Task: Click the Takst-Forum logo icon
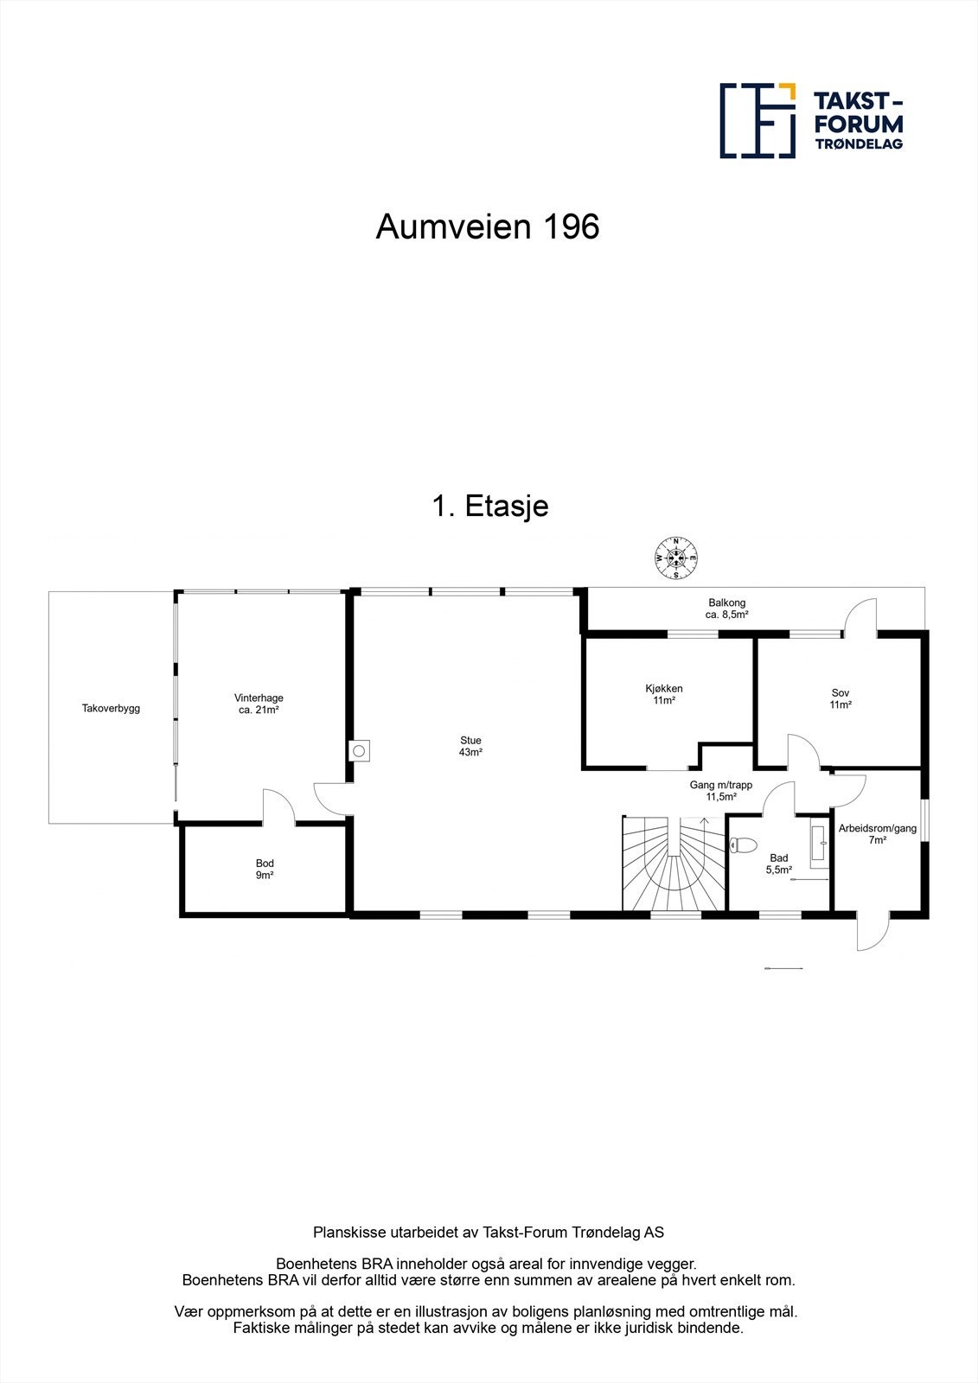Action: pos(758,121)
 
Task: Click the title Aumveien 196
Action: pos(487,227)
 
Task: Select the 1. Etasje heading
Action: pos(489,506)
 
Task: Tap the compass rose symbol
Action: pos(676,558)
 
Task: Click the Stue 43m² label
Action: pos(470,746)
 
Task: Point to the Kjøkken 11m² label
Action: pos(664,695)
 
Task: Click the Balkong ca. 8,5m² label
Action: pos(726,609)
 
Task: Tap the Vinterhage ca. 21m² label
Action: pos(259,704)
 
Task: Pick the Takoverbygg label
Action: pos(111,709)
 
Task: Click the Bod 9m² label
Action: pos(265,869)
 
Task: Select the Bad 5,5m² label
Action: pos(778,864)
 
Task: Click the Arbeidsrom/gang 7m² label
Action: pos(877,833)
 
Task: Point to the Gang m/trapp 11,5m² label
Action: pos(720,791)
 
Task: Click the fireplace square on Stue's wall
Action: pos(359,750)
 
